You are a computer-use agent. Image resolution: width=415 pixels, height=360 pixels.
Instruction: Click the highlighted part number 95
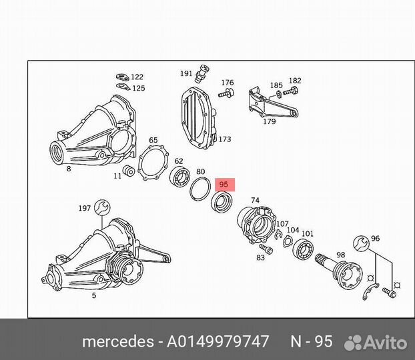coord(224,185)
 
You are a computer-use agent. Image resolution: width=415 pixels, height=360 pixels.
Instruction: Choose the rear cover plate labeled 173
coord(198,119)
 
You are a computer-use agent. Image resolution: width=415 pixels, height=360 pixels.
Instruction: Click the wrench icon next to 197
coord(102,208)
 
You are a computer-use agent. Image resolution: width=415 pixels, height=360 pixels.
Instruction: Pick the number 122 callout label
coord(137,77)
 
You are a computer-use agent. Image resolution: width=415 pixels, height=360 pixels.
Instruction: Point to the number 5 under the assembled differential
coord(94,294)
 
